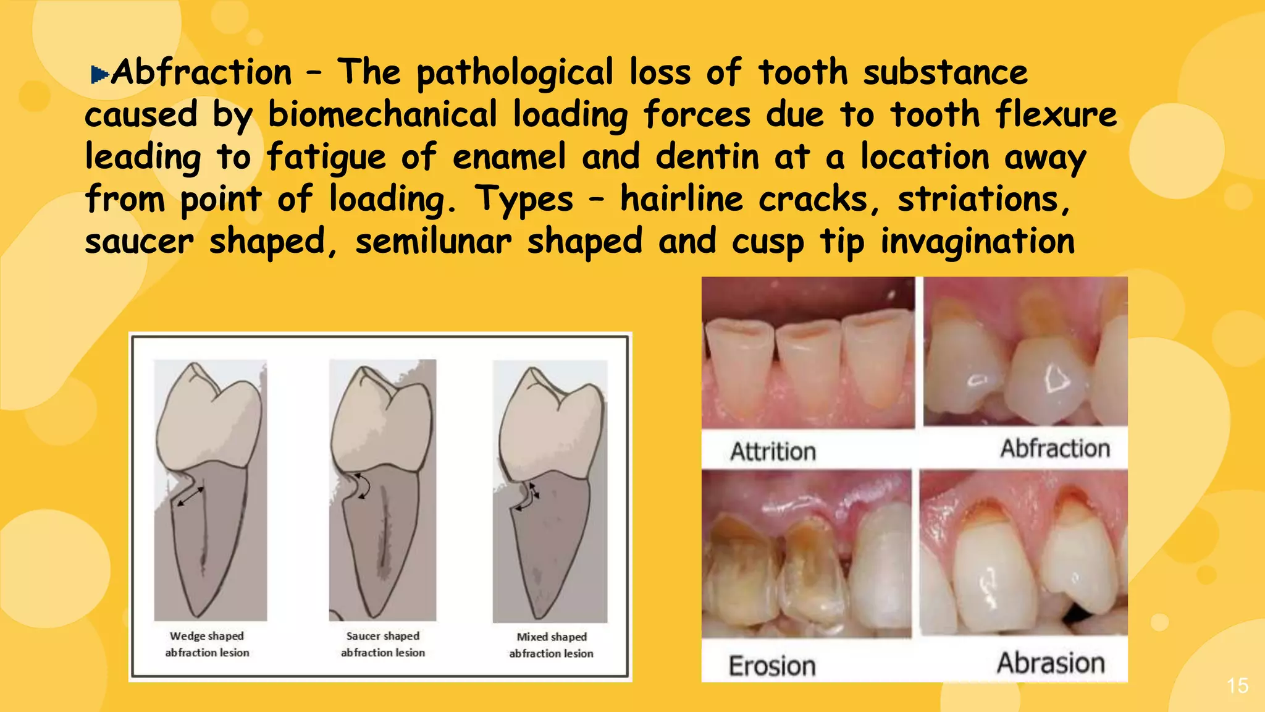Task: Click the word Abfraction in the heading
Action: coord(201,73)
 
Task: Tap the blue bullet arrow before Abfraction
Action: coord(99,75)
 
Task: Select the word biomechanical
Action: coord(382,115)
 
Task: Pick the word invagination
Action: coord(977,242)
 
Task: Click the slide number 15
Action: coord(1237,685)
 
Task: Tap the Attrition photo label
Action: coord(773,452)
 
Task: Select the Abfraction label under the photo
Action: coord(1055,449)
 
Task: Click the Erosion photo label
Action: coord(772,666)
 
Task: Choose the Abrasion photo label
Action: coord(1051,663)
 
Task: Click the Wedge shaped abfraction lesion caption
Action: coord(207,644)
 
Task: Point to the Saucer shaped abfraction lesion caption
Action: coord(383,644)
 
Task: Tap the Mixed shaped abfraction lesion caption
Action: coord(552,645)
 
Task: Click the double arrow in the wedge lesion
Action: coord(190,496)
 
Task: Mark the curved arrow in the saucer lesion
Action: coord(365,486)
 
